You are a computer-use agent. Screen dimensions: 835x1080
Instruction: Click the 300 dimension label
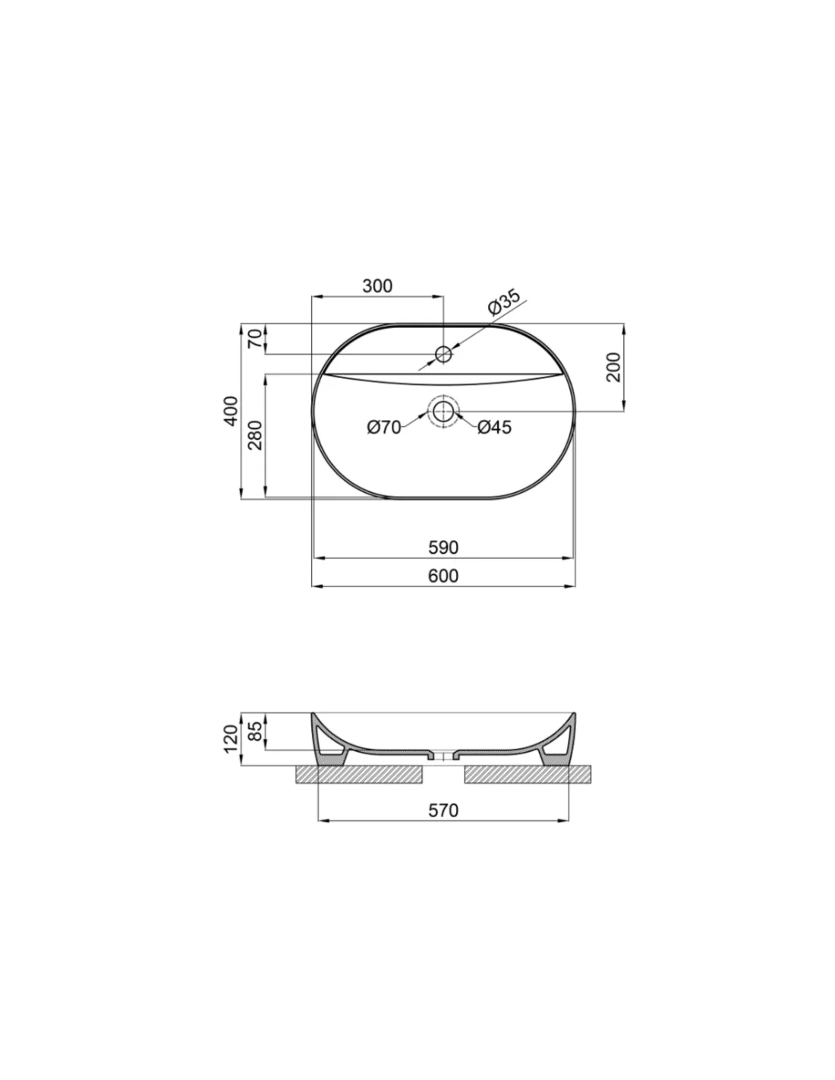377,286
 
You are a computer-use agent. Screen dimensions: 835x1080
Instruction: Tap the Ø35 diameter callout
504,302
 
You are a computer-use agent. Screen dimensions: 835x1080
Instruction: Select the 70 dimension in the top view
255,338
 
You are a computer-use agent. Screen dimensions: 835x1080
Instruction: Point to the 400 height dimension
231,411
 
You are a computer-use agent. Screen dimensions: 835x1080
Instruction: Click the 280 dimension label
255,435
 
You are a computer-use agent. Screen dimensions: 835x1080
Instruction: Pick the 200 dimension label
613,367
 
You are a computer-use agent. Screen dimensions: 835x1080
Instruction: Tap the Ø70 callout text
384,427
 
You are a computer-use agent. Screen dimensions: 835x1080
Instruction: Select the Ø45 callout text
494,427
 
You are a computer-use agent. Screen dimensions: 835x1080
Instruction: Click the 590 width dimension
443,548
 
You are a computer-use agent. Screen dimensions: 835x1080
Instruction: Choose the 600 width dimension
443,576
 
